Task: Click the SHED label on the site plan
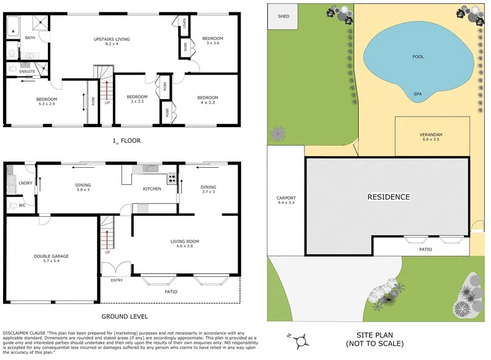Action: click(283, 17)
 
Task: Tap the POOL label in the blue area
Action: click(418, 57)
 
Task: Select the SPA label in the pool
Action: click(417, 94)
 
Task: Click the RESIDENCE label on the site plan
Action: click(388, 197)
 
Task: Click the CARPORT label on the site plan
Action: click(286, 198)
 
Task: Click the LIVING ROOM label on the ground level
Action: click(185, 241)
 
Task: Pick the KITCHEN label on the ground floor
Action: click(152, 189)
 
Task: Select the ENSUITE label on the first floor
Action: click(27, 72)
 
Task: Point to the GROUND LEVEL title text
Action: click(126, 317)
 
